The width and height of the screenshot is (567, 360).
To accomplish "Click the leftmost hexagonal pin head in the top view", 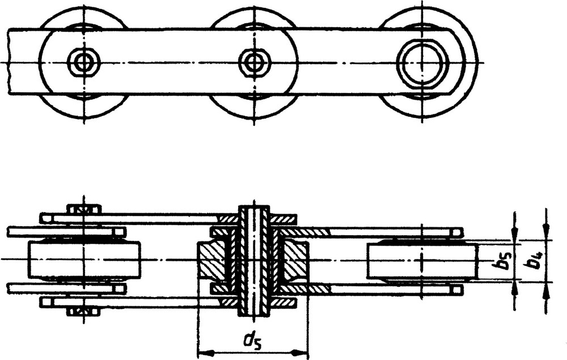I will pos(83,61).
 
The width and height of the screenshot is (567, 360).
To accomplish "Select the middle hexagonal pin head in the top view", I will pos(255,61).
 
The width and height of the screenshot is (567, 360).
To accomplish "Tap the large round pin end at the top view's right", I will pos(422,61).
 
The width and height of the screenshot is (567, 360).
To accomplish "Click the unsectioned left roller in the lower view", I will pos(83,260).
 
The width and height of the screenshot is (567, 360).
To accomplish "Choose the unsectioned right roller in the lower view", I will pos(422,260).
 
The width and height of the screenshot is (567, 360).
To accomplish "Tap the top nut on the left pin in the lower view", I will pos(83,209).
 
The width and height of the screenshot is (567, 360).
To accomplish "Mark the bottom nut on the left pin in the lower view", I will pos(83,311).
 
